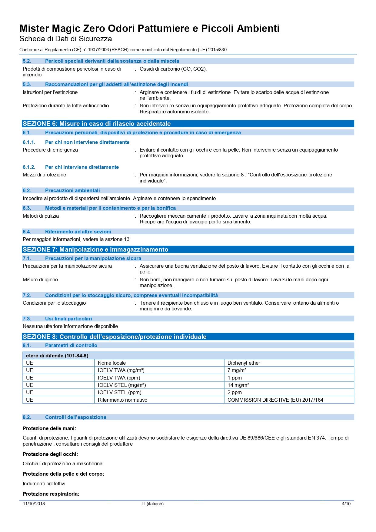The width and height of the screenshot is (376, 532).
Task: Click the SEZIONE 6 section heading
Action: [x=97, y=124]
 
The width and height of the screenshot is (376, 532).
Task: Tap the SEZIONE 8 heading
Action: [x=115, y=337]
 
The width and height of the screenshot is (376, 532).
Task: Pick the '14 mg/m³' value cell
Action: [x=238, y=385]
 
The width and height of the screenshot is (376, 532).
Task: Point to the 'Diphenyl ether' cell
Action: [x=244, y=363]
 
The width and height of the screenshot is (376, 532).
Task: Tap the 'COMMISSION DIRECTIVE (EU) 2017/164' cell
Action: [x=275, y=400]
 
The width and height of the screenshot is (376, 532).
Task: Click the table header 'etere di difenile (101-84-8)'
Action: [x=57, y=356]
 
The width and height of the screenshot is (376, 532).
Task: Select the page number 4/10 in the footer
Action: [x=346, y=504]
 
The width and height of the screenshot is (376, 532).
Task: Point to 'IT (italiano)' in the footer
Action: [x=152, y=504]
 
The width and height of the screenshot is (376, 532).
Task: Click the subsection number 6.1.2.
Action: [x=29, y=167]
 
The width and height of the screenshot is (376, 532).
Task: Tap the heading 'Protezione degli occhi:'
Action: [x=50, y=454]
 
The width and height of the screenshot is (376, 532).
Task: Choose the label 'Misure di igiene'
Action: [x=40, y=279]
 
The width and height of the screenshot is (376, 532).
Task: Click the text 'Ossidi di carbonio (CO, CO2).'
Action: [x=173, y=69]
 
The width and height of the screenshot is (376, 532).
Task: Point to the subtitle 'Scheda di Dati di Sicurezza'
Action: [x=65, y=39]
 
